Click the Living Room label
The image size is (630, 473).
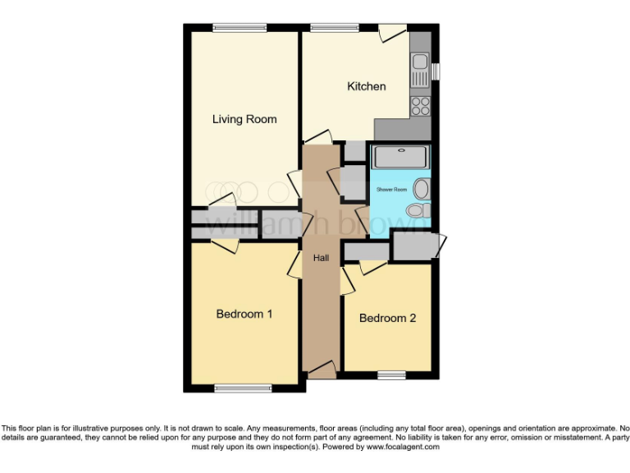click(244, 119)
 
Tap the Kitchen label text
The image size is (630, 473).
click(366, 86)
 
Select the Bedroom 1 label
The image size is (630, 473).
click(244, 314)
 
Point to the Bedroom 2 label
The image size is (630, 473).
click(387, 318)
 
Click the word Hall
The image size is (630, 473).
click(321, 258)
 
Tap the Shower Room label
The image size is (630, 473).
click(391, 190)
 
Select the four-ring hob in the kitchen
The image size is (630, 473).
click(421, 105)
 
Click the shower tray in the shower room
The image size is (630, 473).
click(399, 156)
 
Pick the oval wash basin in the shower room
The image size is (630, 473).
click(422, 189)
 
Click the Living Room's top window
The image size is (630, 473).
click(239, 28)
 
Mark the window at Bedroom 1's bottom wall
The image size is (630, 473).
click(243, 387)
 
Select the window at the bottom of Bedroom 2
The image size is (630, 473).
click(391, 375)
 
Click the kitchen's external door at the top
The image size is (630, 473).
click(395, 33)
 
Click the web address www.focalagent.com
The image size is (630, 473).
click(403, 448)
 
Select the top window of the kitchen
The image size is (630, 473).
click(334, 28)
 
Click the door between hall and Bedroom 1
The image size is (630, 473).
click(295, 264)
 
